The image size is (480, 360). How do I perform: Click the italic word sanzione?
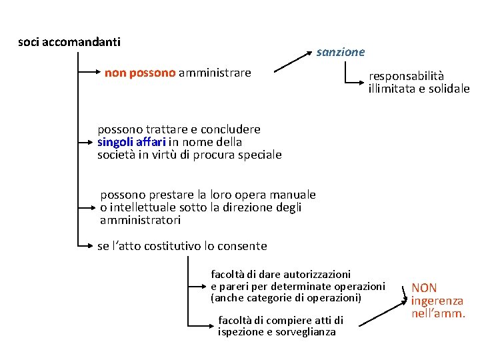point(341,52)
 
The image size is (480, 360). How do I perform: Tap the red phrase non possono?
point(140,73)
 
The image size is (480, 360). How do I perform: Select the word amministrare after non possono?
point(215,73)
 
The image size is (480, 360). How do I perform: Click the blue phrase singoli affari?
point(131,142)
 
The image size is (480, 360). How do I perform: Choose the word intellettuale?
point(143,207)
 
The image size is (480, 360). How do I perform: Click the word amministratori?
point(140,220)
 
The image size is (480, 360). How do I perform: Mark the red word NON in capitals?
point(424,288)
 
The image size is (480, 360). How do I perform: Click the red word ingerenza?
point(437,301)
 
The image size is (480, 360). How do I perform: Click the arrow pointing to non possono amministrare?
point(89,73)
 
